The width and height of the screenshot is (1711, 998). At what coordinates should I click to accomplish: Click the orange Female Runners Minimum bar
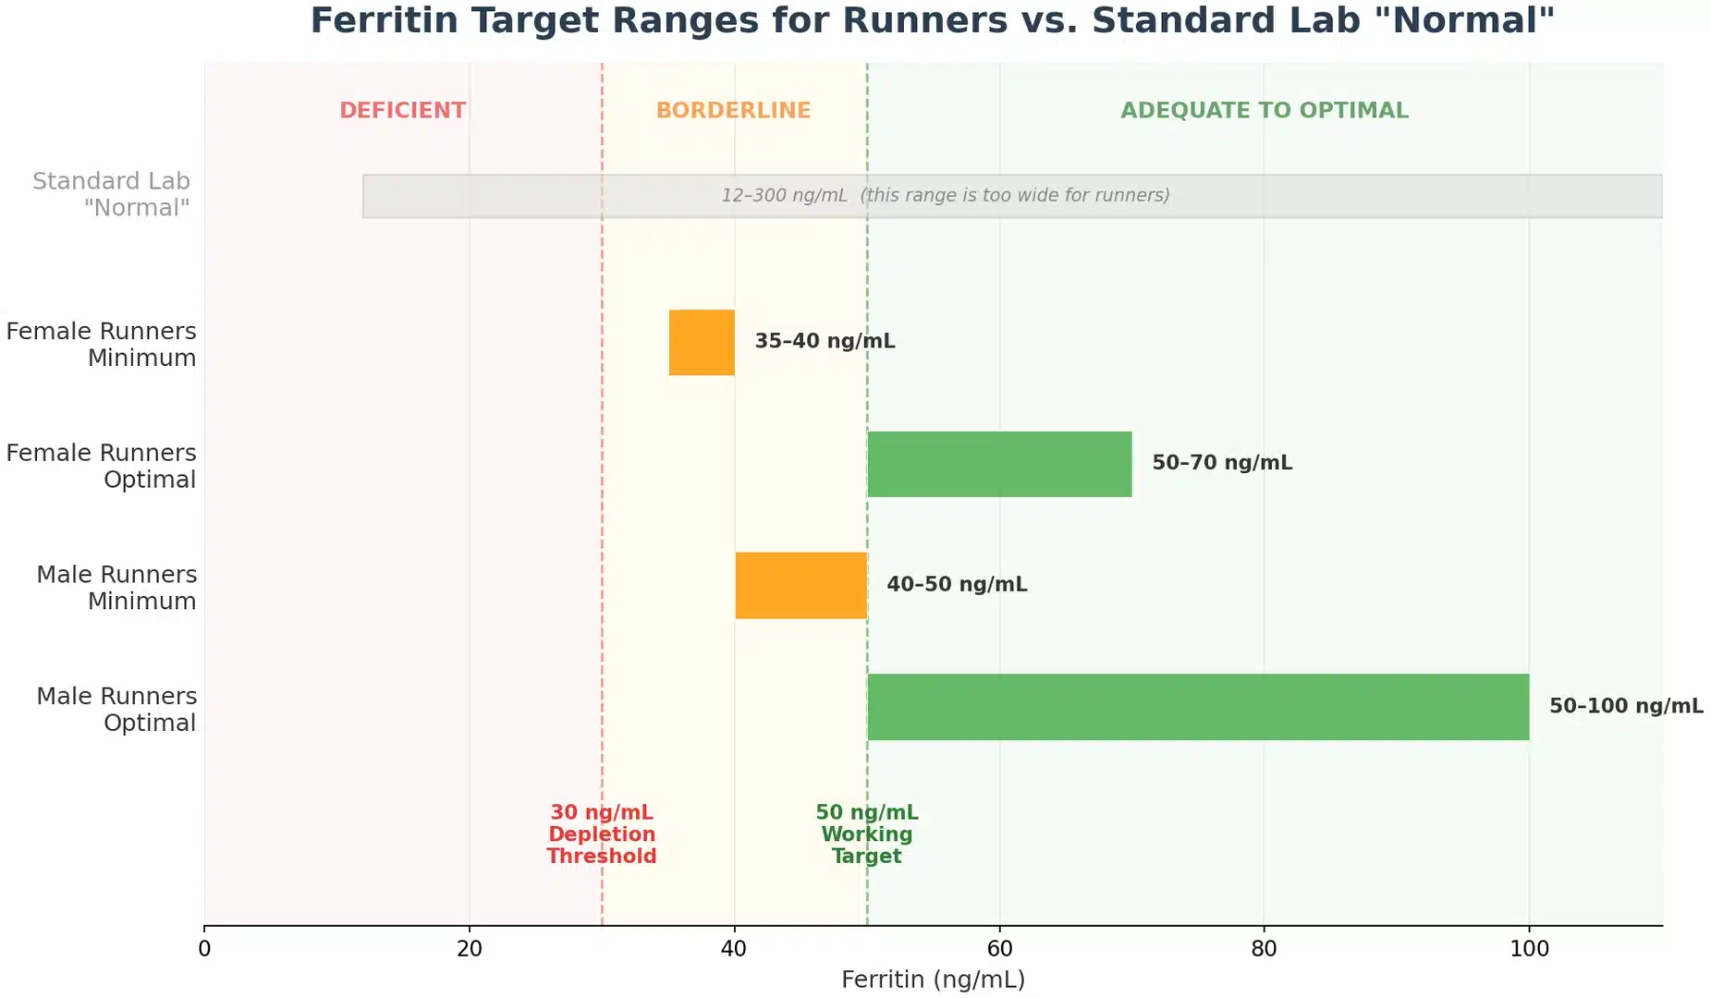tap(702, 342)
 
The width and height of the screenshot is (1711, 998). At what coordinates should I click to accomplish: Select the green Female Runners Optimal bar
tap(998, 464)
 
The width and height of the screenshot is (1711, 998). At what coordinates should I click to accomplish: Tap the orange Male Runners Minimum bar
tap(801, 585)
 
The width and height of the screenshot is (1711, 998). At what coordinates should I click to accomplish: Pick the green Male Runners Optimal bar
tap(1197, 707)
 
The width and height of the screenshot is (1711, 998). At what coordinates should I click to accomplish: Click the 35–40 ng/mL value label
tap(825, 341)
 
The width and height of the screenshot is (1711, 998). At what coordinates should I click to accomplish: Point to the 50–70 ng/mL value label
tap(1221, 463)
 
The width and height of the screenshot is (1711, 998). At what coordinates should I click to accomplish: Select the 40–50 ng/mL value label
tap(957, 585)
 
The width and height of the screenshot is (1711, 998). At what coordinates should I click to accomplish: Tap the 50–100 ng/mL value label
tap(1625, 706)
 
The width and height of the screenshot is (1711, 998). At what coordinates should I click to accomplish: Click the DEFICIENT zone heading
tap(402, 111)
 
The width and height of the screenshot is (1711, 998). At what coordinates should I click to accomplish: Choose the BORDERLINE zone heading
tap(733, 111)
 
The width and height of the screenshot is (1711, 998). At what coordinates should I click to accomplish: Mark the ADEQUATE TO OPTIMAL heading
tap(1264, 111)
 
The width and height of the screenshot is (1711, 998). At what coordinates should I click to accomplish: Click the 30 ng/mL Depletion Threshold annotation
tap(601, 834)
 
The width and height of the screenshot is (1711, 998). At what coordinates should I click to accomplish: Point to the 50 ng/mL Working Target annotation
tap(866, 834)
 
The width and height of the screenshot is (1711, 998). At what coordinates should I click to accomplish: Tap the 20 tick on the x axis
tap(469, 949)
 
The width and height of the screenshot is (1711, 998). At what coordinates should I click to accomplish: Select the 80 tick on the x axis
tap(1264, 949)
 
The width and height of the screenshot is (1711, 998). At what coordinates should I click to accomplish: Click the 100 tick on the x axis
tap(1529, 949)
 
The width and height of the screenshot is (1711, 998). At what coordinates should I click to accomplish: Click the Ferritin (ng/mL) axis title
tap(933, 980)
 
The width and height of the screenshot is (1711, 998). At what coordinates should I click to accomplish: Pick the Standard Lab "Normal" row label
tap(112, 194)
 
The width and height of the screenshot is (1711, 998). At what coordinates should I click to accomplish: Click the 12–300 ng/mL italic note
tap(945, 196)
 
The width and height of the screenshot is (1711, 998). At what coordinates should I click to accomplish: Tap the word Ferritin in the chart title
tap(384, 20)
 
